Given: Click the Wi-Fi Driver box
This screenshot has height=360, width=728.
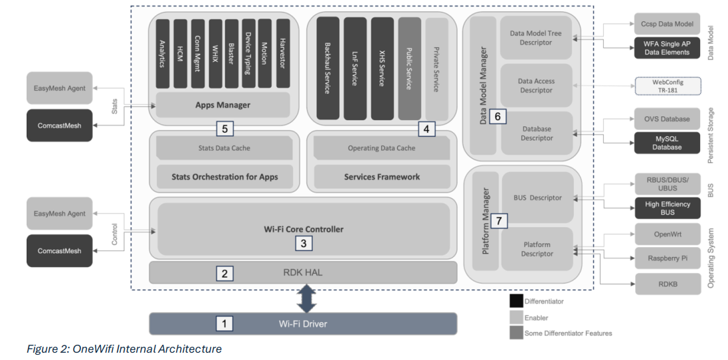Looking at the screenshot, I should point(303,323).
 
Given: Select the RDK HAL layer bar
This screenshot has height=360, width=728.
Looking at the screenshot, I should point(303,272).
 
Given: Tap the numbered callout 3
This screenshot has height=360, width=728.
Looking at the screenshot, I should point(303,243).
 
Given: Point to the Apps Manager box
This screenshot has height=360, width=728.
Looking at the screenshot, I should point(223,105).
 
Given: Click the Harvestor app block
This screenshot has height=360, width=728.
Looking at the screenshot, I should point(283,53).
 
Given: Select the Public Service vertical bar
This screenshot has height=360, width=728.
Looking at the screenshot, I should point(409,68).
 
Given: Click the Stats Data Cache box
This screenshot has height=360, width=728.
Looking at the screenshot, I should point(224,148).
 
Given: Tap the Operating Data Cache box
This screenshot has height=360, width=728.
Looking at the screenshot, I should point(381,148).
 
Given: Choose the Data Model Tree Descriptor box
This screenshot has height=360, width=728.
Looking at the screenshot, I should point(535,38).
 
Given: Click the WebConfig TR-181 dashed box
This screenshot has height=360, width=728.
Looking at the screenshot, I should point(668,86).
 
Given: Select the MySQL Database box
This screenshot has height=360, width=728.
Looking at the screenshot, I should point(667,142).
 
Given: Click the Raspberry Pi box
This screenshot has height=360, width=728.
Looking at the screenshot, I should point(667,258).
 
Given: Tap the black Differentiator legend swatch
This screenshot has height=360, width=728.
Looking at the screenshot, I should point(516,302).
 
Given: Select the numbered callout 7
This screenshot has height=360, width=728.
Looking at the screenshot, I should point(501,219).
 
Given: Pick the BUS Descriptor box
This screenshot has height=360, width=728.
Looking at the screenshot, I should point(537,197).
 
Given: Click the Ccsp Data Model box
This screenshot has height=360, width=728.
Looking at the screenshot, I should point(667,24).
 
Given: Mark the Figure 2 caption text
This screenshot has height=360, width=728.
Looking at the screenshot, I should point(124,349).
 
